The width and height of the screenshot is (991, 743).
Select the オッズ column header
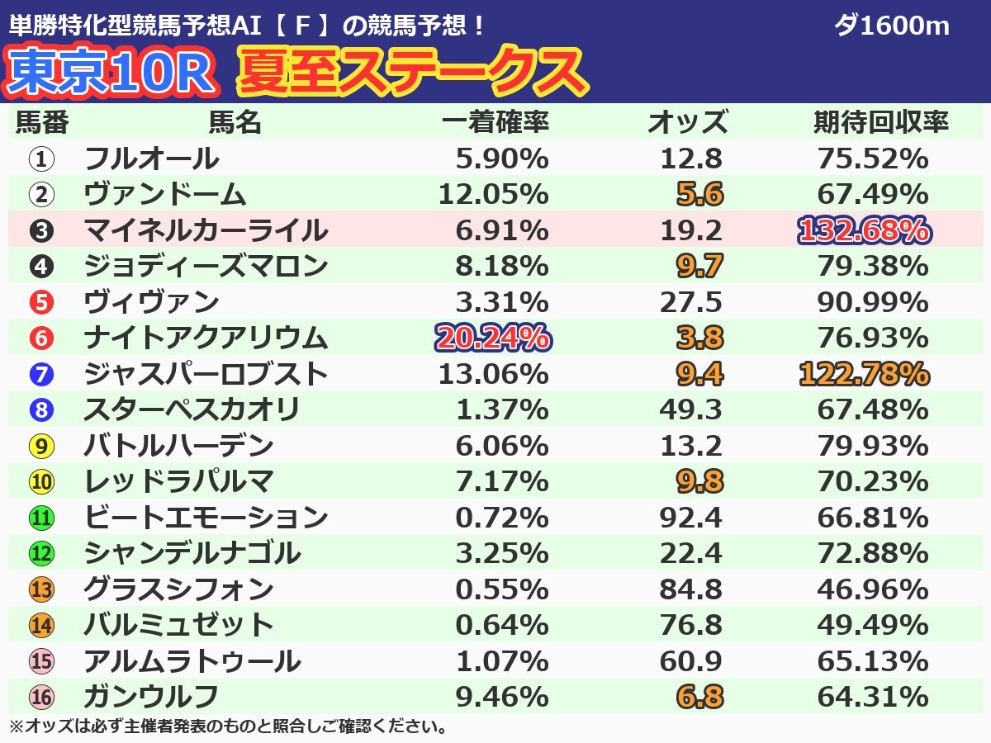[687, 123]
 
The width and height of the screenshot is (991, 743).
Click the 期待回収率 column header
[881, 123]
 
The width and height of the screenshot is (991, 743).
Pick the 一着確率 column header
[495, 123]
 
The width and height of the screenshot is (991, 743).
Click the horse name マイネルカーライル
[206, 230]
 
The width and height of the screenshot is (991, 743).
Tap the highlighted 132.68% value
[864, 230]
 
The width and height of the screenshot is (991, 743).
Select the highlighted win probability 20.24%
[492, 338]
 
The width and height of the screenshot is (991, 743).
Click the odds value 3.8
[699, 338]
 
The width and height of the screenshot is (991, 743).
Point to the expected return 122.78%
[864, 374]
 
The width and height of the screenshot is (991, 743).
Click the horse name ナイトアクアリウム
[206, 338]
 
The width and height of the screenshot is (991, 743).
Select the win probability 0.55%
[501, 589]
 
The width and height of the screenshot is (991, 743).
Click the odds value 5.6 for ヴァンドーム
[699, 194]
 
